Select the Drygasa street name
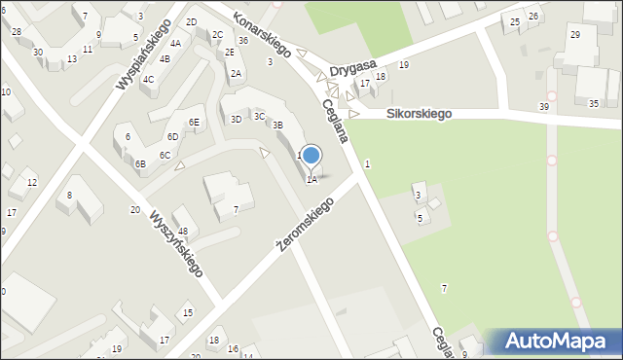(352, 68)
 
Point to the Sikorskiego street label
(419, 114)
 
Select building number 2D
(192, 22)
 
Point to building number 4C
(148, 80)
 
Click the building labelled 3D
(236, 119)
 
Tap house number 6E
(195, 122)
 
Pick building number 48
(183, 231)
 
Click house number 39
(543, 106)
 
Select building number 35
(594, 103)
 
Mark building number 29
(575, 35)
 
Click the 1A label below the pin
(311, 179)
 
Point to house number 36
(242, 41)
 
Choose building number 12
(31, 183)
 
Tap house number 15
(188, 312)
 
